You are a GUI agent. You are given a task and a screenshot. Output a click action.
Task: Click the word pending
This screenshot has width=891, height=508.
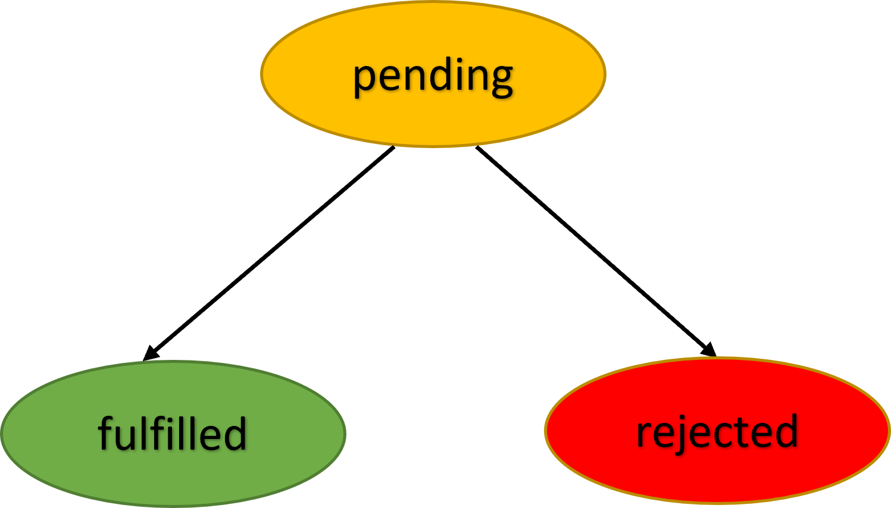433,76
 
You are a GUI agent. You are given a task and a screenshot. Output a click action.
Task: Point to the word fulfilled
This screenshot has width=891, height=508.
173,434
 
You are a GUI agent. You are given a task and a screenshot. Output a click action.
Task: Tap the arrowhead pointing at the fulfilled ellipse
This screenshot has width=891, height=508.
151,355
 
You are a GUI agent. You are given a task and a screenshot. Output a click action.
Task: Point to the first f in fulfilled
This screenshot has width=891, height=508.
105,432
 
